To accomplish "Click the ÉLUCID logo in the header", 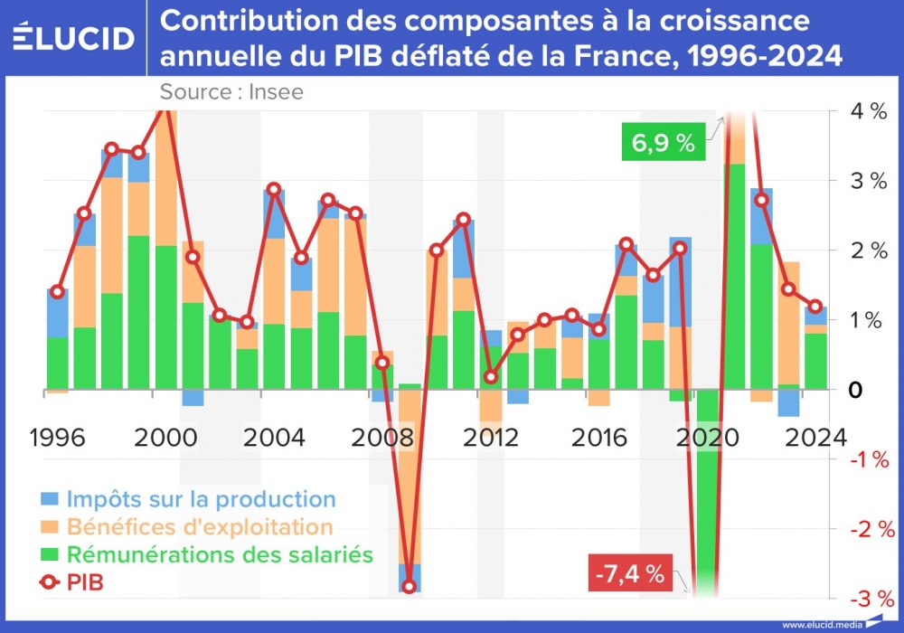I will [x=74, y=38].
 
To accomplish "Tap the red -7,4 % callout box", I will [x=630, y=573].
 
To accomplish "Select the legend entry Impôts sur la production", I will [x=187, y=498].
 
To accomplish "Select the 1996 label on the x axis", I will [x=58, y=438].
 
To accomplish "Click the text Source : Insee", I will [x=231, y=91].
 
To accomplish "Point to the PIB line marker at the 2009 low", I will [x=410, y=586].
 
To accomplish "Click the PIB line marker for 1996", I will [x=58, y=292].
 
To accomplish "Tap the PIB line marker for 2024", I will [x=815, y=307].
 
